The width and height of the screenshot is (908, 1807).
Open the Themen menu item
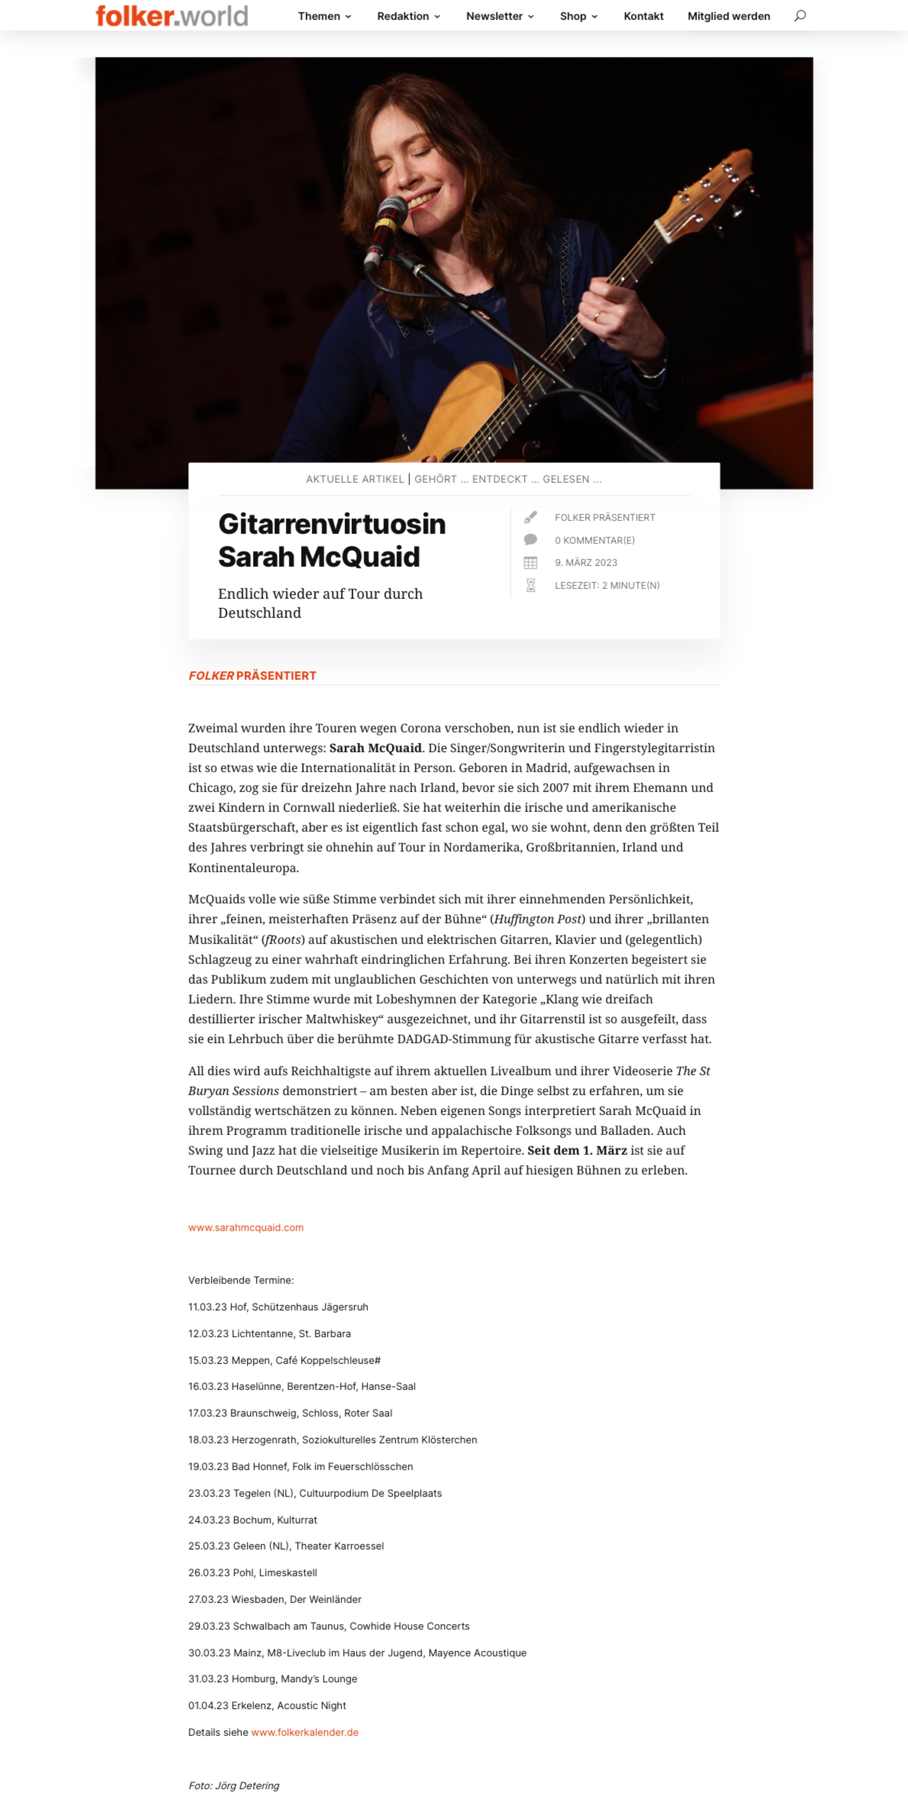(x=324, y=16)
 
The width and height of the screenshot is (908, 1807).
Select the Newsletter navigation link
(x=500, y=16)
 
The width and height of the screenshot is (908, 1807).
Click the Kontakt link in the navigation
(x=643, y=16)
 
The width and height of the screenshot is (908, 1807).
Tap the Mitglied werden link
(x=728, y=16)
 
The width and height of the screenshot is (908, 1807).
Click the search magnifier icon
(x=799, y=15)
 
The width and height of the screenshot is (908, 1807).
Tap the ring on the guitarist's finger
(x=598, y=316)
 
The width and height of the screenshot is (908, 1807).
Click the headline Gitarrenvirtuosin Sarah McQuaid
(x=331, y=540)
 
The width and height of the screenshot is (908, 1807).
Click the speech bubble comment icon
(x=531, y=539)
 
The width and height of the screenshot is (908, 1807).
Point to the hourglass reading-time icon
(x=531, y=585)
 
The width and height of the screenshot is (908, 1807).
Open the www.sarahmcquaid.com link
(x=246, y=1228)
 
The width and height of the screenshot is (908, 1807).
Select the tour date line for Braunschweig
(x=290, y=1413)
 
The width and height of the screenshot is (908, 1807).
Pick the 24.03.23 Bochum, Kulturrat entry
(x=253, y=1519)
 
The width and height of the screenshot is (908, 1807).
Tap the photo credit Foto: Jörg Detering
(x=234, y=1785)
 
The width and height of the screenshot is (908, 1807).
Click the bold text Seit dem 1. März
(x=577, y=1150)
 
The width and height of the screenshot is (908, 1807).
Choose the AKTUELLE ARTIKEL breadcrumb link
(x=354, y=479)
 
